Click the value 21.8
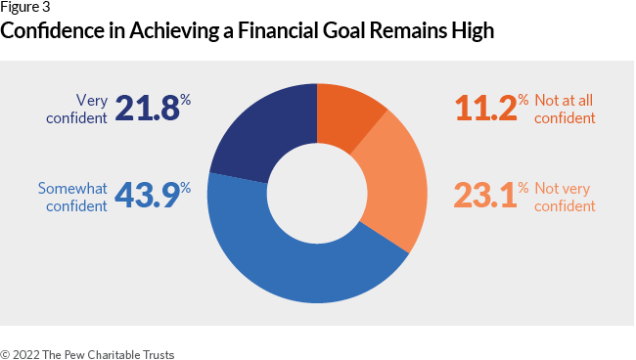147,108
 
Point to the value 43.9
147,195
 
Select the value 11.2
484,108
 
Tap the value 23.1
484,195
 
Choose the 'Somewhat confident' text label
73,197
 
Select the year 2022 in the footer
28,353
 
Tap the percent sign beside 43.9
185,186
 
